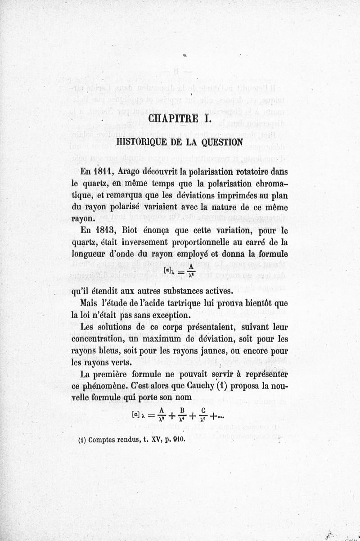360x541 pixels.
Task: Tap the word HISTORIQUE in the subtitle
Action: pos(141,141)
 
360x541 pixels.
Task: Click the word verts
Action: pos(121,362)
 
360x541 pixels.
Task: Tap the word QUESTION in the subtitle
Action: pos(222,141)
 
